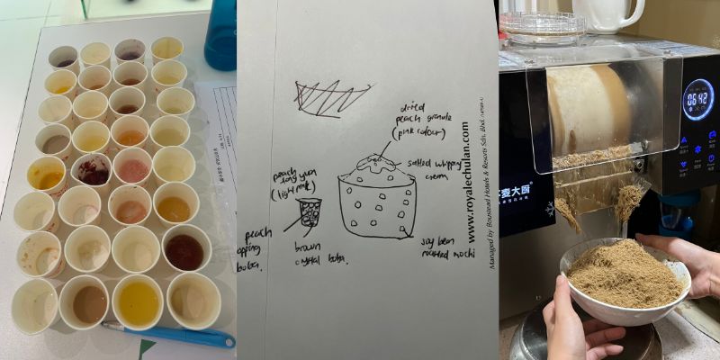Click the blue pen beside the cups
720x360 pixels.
pos(171,336)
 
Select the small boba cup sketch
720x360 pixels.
pos(310,212)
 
